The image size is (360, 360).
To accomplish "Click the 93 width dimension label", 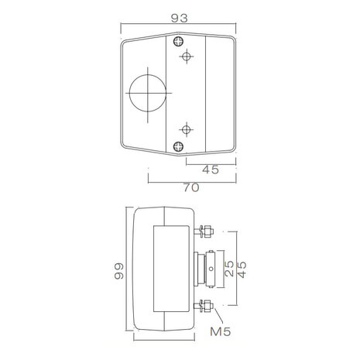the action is [x=179, y=18].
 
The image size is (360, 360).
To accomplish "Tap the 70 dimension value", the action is [x=191, y=187].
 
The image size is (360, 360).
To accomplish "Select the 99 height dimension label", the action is [x=119, y=271].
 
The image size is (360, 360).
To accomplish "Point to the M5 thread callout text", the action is [x=221, y=331].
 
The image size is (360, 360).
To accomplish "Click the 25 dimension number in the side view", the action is [x=229, y=269].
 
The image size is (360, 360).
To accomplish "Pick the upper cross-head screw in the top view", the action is [x=178, y=41].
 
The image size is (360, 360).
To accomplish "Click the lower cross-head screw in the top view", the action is [x=178, y=146].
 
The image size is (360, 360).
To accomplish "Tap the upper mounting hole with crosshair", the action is [x=187, y=56].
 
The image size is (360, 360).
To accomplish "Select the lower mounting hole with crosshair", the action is [x=187, y=129].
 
